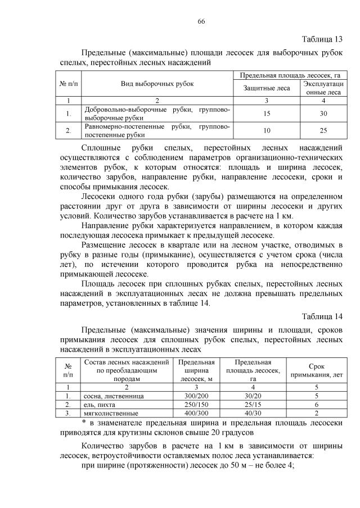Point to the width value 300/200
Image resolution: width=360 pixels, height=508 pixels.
click(195, 396)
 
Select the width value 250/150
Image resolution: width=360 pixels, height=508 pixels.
click(195, 404)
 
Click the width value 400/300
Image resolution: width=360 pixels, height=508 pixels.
click(195, 413)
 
